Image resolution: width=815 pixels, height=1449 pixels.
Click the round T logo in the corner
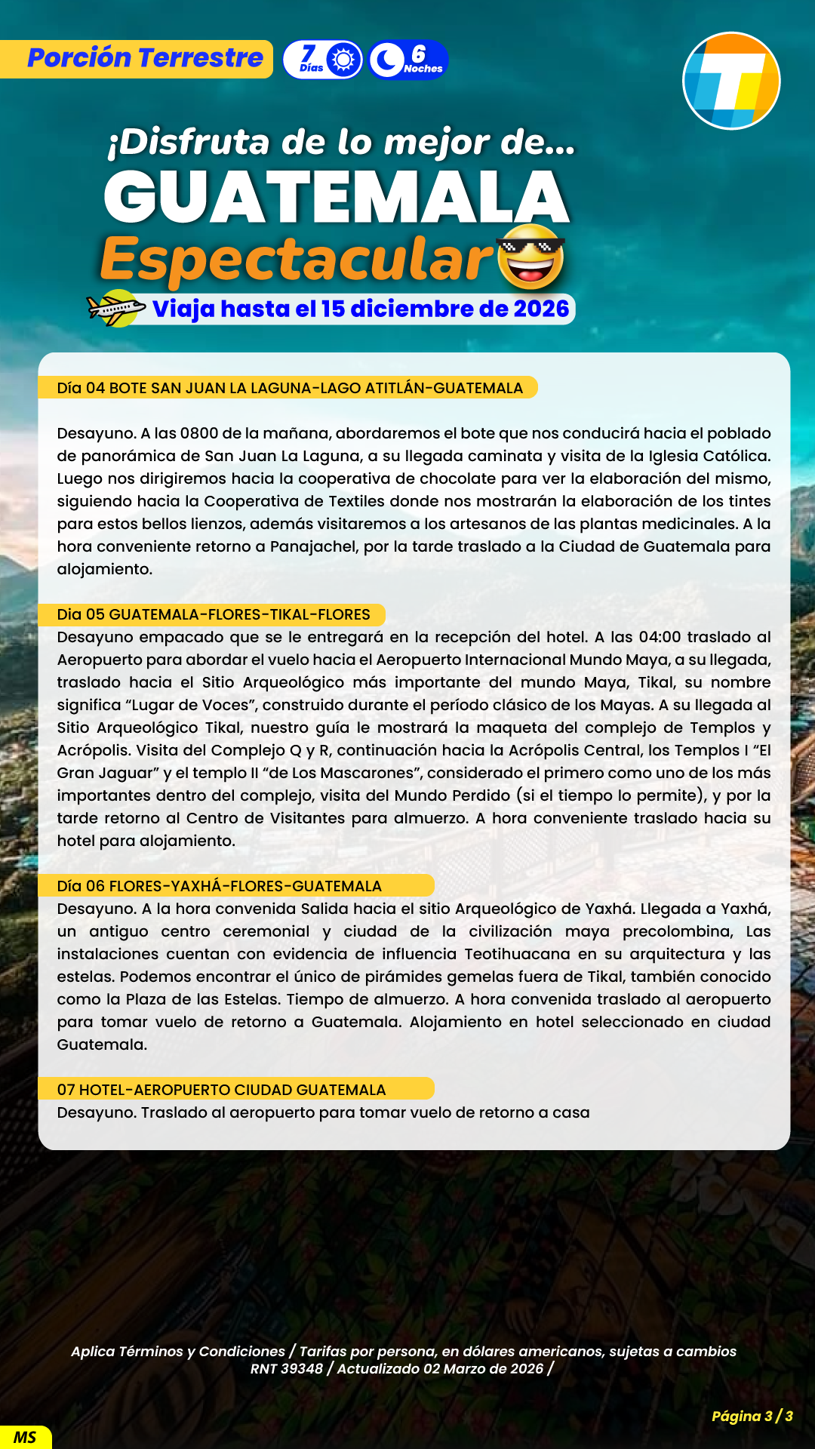(x=730, y=81)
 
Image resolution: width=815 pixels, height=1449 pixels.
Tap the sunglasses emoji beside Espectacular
(x=531, y=257)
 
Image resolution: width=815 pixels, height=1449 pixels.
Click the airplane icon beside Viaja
(x=115, y=308)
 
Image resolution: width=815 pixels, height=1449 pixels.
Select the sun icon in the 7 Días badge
(x=343, y=59)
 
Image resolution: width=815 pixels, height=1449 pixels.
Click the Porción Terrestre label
(x=145, y=58)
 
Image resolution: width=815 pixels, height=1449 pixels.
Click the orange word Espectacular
(x=297, y=259)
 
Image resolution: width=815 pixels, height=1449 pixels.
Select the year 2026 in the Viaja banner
(x=541, y=309)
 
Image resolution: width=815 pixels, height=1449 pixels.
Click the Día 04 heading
(x=290, y=388)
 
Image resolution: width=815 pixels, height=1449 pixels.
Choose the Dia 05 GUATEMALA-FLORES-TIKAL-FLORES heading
(x=214, y=614)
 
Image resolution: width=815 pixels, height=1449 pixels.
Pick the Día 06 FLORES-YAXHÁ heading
(x=220, y=886)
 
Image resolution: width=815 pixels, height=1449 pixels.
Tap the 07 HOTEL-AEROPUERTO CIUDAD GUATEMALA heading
(x=221, y=1090)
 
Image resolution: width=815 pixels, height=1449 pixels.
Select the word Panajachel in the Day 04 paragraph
(x=312, y=546)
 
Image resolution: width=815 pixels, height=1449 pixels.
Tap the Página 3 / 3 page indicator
(x=752, y=1416)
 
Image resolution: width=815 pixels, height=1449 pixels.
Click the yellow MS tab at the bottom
(x=25, y=1437)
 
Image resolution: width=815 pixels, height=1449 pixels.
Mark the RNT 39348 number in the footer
(x=286, y=1368)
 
